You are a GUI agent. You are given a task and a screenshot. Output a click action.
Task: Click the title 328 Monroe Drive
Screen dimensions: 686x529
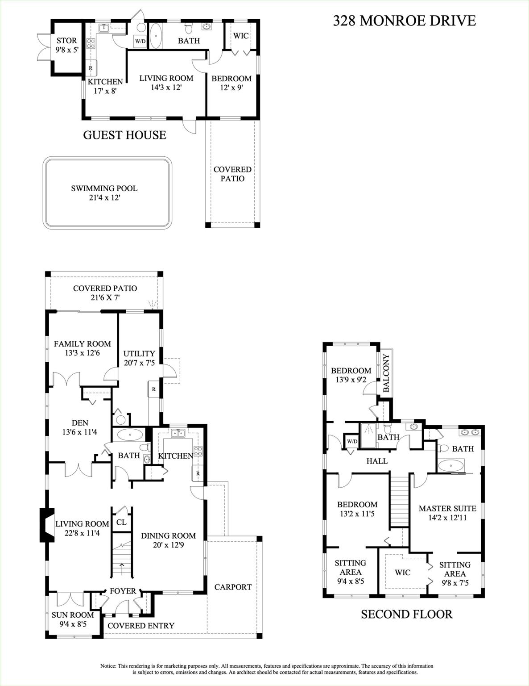click(x=404, y=21)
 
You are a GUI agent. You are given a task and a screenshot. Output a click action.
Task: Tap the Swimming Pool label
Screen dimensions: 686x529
click(x=104, y=192)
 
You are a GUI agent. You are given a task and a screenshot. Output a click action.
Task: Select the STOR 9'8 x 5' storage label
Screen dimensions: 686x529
click(x=66, y=45)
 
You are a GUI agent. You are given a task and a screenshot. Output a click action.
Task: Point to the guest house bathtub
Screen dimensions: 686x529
click(x=156, y=35)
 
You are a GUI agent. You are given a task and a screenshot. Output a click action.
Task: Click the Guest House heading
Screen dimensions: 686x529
click(x=124, y=135)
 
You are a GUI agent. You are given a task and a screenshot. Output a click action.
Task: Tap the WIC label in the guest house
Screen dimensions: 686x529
click(x=241, y=36)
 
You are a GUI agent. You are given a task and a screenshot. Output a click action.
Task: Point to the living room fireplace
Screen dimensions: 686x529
click(x=46, y=525)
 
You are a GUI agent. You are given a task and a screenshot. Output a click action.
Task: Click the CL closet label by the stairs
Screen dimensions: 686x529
click(x=121, y=522)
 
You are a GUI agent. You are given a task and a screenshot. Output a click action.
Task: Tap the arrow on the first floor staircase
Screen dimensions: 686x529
click(x=122, y=568)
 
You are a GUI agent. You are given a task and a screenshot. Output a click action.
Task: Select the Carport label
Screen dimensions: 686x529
click(x=233, y=587)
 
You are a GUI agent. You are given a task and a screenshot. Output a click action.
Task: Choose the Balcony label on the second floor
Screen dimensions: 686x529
click(x=386, y=373)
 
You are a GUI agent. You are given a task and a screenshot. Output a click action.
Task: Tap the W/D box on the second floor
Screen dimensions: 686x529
click(x=352, y=442)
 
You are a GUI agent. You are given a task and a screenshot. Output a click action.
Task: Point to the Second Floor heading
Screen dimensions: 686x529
click(x=406, y=614)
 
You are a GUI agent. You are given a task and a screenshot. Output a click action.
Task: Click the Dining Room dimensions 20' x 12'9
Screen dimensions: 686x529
click(x=168, y=544)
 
